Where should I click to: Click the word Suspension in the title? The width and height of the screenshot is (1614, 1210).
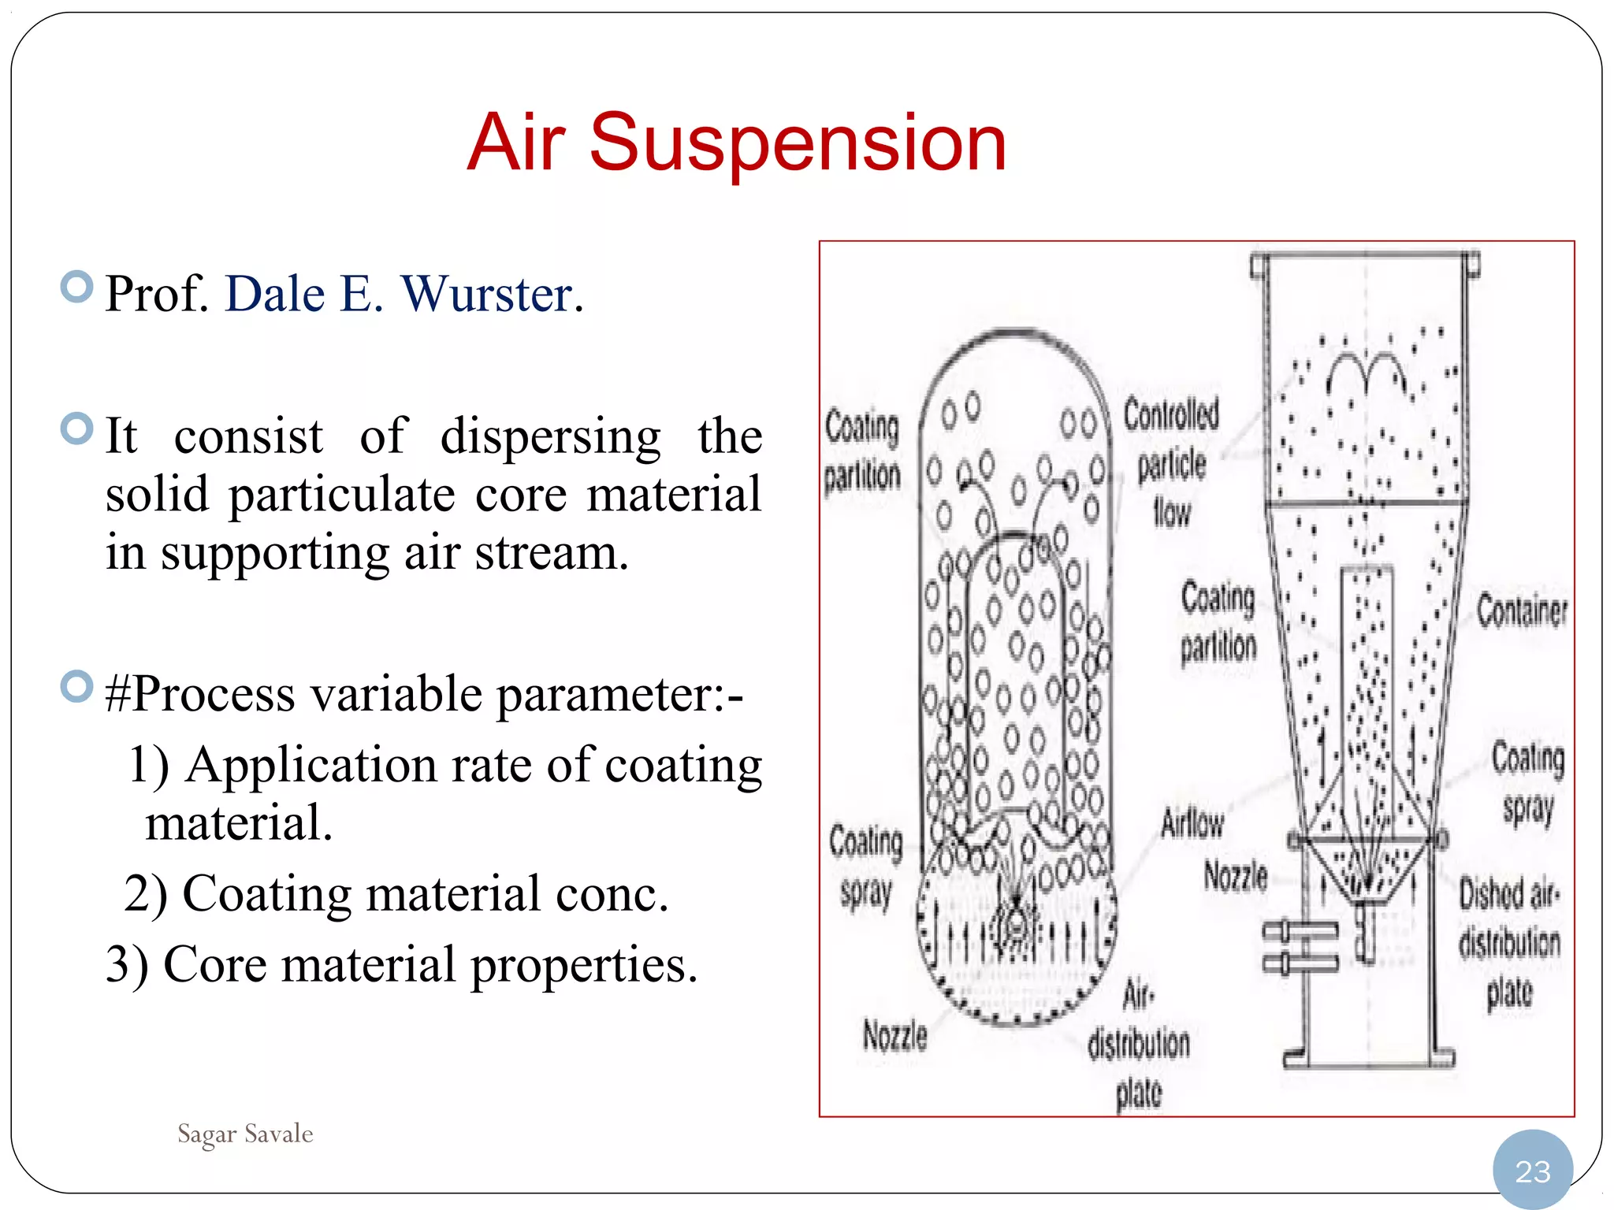798,143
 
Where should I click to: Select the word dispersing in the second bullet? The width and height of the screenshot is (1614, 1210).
550,436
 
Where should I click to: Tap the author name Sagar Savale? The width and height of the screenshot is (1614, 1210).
245,1134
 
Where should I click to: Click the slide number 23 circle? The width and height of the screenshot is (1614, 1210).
1532,1171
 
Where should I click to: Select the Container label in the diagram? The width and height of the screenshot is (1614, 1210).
1522,611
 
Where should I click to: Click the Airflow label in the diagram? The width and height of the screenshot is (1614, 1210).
1192,824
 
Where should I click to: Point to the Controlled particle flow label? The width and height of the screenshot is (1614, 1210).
1172,463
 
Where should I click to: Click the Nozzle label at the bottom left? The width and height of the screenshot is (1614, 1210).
895,1035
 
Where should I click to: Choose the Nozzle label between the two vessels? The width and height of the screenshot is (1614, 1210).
1236,876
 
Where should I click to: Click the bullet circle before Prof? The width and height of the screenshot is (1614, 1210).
77,287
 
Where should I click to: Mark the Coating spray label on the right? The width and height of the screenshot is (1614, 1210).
1528,784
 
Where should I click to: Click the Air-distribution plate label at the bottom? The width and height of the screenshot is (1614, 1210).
1139,1044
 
